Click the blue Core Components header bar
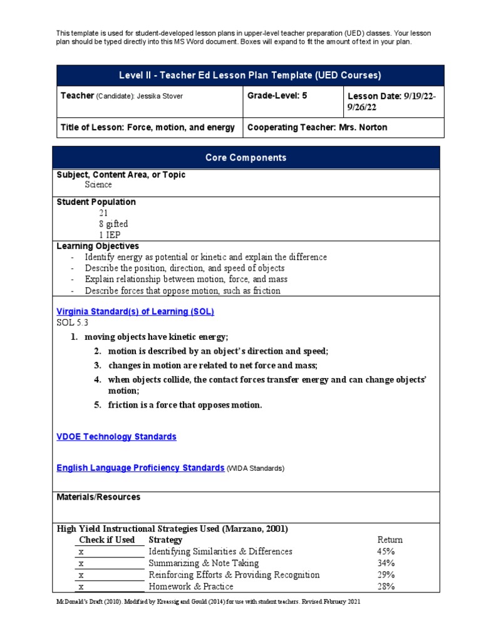coord(246,157)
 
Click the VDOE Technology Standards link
coord(116,436)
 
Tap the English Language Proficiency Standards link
coord(140,468)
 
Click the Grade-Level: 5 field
coord(277,96)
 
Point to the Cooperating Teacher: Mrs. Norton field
coord(317,127)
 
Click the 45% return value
coord(386,551)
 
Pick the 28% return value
coord(386,586)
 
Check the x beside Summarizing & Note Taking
coord(81,563)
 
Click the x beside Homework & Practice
coord(81,586)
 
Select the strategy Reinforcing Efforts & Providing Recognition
coord(234,574)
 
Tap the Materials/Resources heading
coord(98,497)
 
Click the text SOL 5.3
coord(73,323)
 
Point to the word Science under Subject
coord(98,185)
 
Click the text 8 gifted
coord(113,224)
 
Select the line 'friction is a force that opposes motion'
coord(185,405)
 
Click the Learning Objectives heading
coord(98,246)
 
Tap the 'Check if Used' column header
coord(107,540)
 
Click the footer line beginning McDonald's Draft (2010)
coord(209,601)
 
